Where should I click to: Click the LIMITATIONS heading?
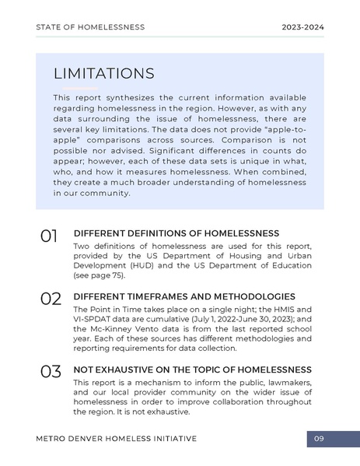point(103,74)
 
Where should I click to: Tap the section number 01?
point(49,236)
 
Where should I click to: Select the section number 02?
point(50,299)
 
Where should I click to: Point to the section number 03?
point(50,372)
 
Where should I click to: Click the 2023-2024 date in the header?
point(302,27)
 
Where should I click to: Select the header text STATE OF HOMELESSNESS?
point(90,27)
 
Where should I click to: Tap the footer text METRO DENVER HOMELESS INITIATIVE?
point(116,439)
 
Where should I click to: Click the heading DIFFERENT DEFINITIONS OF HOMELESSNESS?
point(176,233)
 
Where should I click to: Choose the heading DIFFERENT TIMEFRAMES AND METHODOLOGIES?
point(183,296)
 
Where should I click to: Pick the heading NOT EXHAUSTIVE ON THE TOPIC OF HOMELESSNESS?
point(192,370)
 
